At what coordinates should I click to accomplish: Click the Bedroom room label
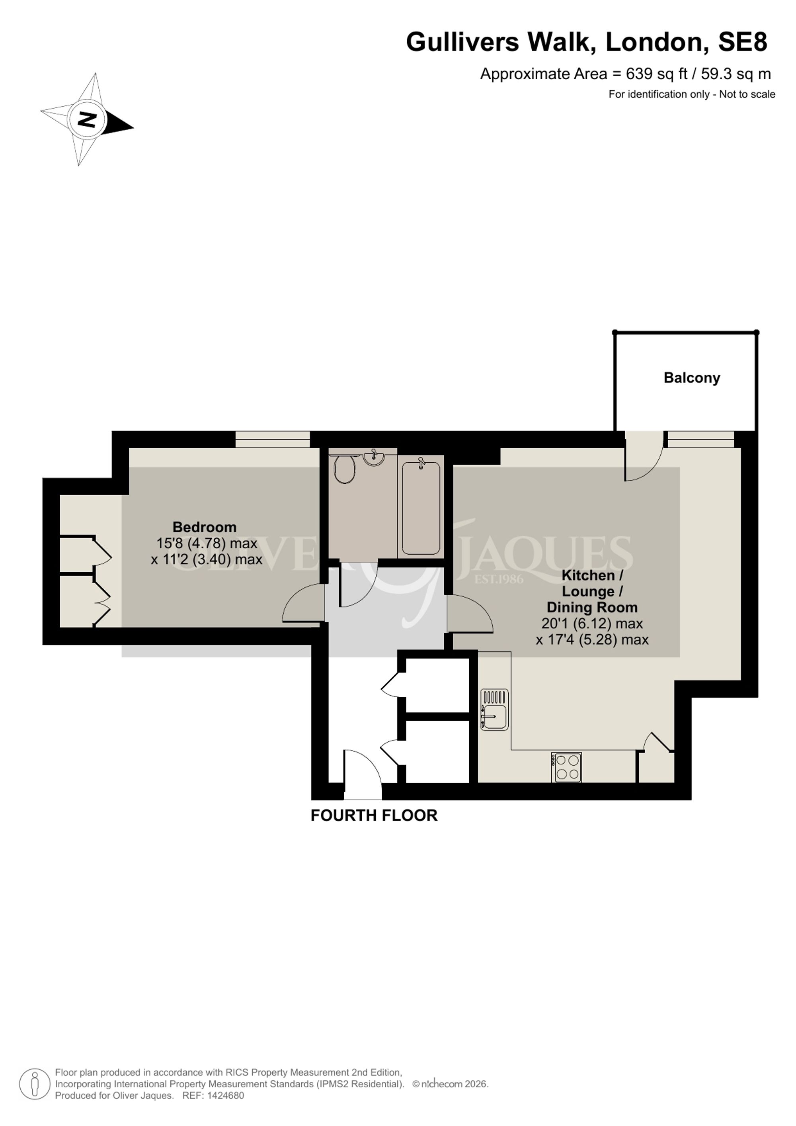click(205, 527)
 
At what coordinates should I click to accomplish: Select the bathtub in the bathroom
click(421, 508)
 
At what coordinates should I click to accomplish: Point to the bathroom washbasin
click(374, 457)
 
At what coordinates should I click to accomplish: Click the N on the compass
click(87, 119)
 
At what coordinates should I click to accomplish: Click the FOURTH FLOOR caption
click(374, 815)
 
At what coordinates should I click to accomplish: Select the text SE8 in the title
click(743, 42)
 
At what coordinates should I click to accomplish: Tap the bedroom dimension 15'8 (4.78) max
click(207, 543)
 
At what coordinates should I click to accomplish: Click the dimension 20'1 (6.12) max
click(592, 624)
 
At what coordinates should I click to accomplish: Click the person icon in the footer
click(35, 1084)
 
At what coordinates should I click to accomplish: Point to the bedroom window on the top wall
click(273, 440)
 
